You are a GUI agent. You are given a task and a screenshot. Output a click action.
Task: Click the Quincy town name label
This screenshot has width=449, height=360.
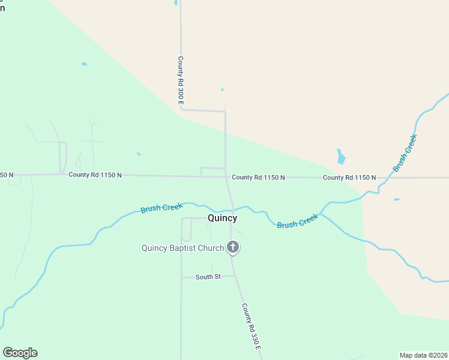coord(222,218)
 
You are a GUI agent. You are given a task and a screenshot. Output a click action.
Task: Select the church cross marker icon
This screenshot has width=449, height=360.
coord(232,247)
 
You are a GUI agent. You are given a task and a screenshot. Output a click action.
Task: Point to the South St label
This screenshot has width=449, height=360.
coord(208,277)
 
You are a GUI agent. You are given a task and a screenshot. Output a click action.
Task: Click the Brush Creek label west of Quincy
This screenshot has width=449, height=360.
coord(161,208)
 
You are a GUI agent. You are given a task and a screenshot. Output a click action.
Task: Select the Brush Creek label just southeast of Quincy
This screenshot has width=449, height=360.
coord(297,222)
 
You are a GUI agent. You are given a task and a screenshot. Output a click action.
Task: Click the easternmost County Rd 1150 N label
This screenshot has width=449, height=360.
coord(349,178)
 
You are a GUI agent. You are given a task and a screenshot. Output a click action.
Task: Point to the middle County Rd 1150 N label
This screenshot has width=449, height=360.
coord(258,178)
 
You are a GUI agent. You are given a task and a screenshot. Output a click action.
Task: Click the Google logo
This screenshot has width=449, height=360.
coord(20,353)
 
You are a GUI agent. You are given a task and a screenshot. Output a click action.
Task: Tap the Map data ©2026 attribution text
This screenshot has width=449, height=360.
coord(424,355)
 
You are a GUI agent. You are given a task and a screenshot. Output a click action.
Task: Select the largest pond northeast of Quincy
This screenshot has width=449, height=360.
coord(341,157)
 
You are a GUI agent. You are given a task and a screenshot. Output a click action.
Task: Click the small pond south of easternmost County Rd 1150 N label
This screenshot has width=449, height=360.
coord(397,199)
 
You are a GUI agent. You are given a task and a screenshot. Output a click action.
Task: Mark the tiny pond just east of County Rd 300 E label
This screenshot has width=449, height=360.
coord(222,90)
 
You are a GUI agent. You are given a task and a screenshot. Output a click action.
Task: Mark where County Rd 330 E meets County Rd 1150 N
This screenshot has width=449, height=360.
coord(226,177)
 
